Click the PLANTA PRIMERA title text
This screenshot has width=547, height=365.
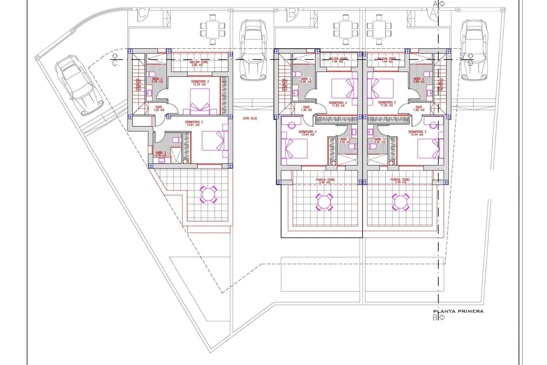458,311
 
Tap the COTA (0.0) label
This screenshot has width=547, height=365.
250,118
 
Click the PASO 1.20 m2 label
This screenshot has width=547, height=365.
159,108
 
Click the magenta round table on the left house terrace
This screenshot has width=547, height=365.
209,194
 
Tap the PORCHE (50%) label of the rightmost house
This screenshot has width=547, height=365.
400,181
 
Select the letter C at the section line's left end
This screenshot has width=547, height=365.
115,63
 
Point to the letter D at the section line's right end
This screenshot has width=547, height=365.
470,63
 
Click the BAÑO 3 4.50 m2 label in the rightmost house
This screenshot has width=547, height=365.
379,141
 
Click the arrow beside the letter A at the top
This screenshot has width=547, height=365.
442,4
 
